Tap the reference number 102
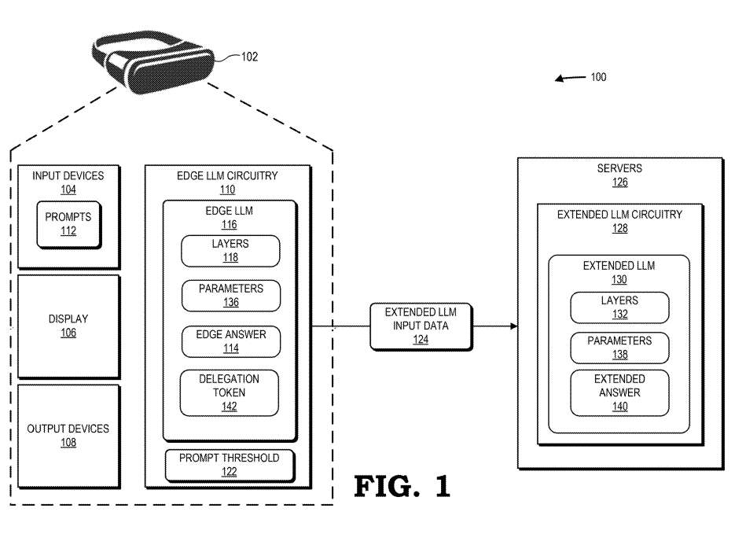point(249,57)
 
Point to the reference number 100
point(598,77)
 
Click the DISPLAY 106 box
point(68,326)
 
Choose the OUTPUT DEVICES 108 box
point(68,435)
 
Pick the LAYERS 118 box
point(230,251)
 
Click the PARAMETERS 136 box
point(230,296)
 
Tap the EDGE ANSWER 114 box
point(230,341)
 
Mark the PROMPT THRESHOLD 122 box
point(229,465)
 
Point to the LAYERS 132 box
point(619,307)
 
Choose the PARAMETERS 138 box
point(619,348)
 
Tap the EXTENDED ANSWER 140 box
point(619,392)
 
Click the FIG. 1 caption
point(402,485)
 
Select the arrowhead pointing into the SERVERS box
point(513,326)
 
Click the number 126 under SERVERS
point(620,182)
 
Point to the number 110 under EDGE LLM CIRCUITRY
point(228,190)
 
